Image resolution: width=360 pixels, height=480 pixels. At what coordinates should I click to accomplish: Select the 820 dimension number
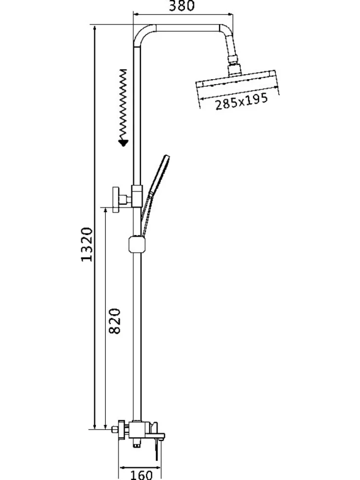point(115,321)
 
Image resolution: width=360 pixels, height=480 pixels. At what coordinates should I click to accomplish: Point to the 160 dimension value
point(141,475)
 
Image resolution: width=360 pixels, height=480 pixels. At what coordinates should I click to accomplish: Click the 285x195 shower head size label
point(242,101)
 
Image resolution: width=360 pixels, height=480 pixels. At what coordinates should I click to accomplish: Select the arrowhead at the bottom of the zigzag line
point(124,143)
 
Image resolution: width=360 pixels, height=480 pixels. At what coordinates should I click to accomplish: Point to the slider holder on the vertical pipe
point(138,243)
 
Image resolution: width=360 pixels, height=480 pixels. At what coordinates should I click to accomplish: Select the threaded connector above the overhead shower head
point(235,66)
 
